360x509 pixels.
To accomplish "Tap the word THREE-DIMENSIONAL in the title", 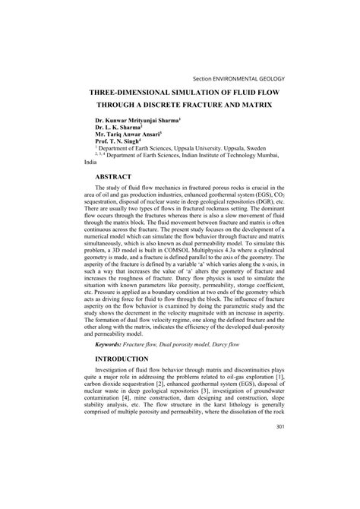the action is (133, 88).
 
